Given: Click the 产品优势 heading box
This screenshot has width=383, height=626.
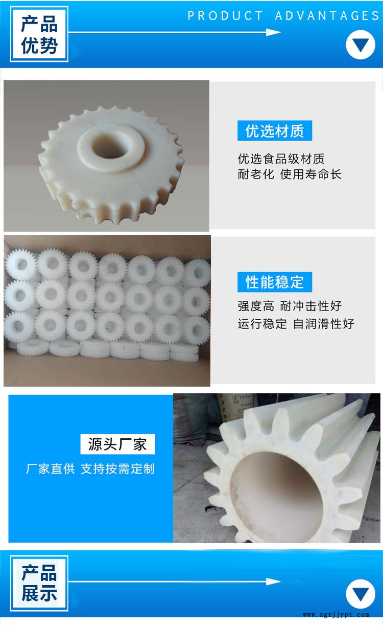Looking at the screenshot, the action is point(39,34).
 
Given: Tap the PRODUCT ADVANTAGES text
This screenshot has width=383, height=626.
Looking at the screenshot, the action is point(283,16).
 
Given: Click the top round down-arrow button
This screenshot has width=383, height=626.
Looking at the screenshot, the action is point(361,44).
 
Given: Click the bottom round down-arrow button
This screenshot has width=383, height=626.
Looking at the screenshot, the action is point(361,594).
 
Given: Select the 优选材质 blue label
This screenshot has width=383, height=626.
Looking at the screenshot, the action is point(275,131).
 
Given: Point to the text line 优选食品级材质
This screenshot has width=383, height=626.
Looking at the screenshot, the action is point(281,159).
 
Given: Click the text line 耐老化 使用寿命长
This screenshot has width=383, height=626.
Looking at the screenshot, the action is point(290,174).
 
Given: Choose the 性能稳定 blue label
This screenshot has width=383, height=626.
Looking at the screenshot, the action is point(275,282).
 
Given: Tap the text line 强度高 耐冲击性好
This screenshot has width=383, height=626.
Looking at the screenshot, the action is point(290,306).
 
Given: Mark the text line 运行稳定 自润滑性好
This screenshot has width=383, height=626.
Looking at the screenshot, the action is point(296,324).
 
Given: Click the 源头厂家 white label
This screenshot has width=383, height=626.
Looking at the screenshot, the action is point(118,444).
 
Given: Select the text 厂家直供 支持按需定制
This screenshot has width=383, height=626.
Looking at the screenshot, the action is point(90,468).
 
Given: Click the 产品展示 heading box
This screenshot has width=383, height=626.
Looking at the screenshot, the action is point(39,583).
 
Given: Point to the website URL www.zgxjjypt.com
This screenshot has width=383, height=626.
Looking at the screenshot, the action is point(336,615).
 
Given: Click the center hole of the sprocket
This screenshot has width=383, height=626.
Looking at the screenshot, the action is point(111,147).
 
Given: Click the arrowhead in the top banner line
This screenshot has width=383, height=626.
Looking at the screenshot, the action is point(273,32).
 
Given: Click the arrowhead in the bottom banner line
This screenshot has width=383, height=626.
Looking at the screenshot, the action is point(273,582).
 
